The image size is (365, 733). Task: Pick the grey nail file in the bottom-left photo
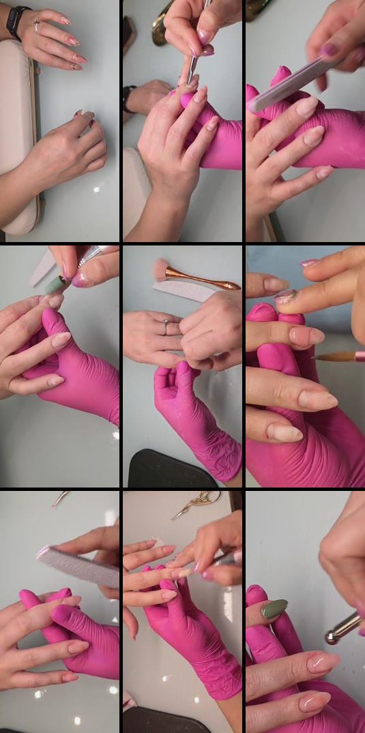pos(78,566)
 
